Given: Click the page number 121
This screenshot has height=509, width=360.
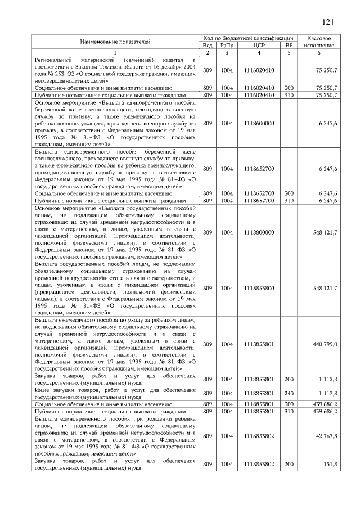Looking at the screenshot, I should pos(328,22).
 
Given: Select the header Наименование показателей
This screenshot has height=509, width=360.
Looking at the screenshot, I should pos(115,42).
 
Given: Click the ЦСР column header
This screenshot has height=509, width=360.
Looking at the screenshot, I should pos(259,45).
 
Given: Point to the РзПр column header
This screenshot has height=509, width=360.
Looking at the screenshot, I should pos(227,45).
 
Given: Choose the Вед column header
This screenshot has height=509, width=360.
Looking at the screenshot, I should pos(207,45).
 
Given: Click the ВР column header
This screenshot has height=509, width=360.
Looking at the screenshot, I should pos(289,45).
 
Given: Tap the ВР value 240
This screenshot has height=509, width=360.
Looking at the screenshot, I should pos(289,393).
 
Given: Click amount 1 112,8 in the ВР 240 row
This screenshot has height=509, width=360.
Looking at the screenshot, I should pos(327,393).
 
